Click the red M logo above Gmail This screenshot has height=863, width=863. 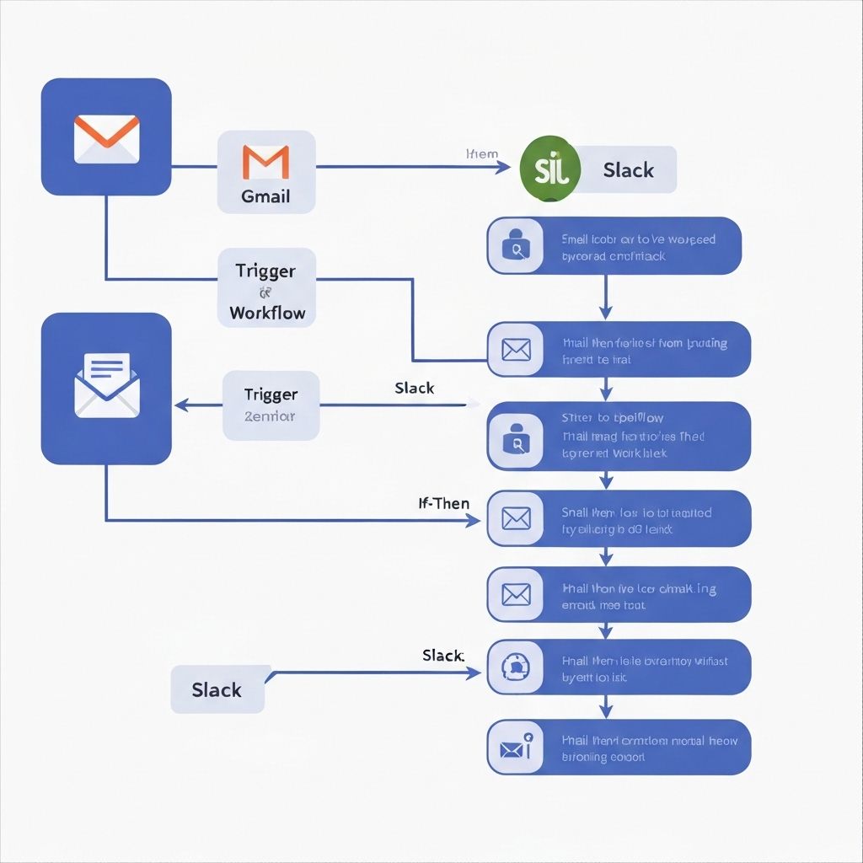[x=265, y=162]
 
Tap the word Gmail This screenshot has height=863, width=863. [x=265, y=196]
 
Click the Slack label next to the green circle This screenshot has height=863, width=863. [x=629, y=170]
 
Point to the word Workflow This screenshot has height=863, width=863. [x=267, y=314]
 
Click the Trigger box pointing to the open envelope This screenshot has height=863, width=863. [x=271, y=405]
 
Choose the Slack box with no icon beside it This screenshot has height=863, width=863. [x=217, y=689]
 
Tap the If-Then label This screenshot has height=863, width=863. [x=444, y=504]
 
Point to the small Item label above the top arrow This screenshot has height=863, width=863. [x=482, y=154]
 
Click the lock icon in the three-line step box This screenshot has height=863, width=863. [x=514, y=437]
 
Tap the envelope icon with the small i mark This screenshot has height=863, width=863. [x=516, y=748]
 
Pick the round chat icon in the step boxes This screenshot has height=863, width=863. [x=514, y=667]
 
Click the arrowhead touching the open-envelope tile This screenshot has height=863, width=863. [x=180, y=405]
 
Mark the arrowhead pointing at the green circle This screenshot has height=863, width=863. [x=503, y=167]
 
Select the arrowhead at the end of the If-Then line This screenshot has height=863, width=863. [x=474, y=521]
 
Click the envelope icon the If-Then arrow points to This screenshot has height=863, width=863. [x=515, y=518]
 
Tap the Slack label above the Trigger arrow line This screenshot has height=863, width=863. [x=415, y=389]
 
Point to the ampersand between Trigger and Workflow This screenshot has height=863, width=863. [x=265, y=293]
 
